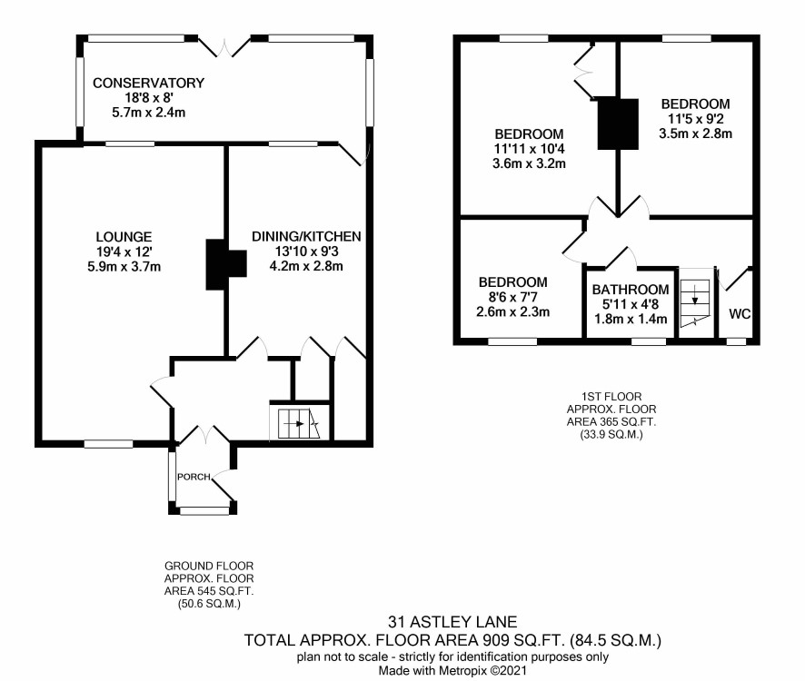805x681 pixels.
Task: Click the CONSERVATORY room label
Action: [x=148, y=83]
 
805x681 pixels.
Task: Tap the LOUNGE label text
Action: [x=124, y=237]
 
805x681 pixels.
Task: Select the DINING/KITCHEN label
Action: [x=306, y=236]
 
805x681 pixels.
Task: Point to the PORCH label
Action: [x=194, y=477]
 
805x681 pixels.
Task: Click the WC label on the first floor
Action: [x=740, y=313]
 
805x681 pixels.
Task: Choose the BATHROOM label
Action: [x=631, y=290]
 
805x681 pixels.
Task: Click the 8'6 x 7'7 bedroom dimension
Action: [x=512, y=297]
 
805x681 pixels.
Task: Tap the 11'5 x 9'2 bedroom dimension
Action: [x=696, y=119]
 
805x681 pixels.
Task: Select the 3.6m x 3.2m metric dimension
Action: [x=529, y=163]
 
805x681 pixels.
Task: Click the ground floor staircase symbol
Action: [x=299, y=423]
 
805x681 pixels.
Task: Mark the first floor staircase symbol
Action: [x=695, y=303]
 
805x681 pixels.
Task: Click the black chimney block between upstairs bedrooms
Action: [x=618, y=124]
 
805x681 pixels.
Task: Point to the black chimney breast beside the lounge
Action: [x=226, y=264]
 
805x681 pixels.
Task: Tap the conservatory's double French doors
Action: [x=224, y=46]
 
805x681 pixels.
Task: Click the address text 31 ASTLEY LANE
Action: [x=452, y=622]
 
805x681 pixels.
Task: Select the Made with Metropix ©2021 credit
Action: [x=452, y=670]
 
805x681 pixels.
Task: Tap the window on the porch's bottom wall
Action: [x=204, y=510]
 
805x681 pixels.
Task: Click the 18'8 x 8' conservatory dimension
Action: [x=148, y=97]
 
